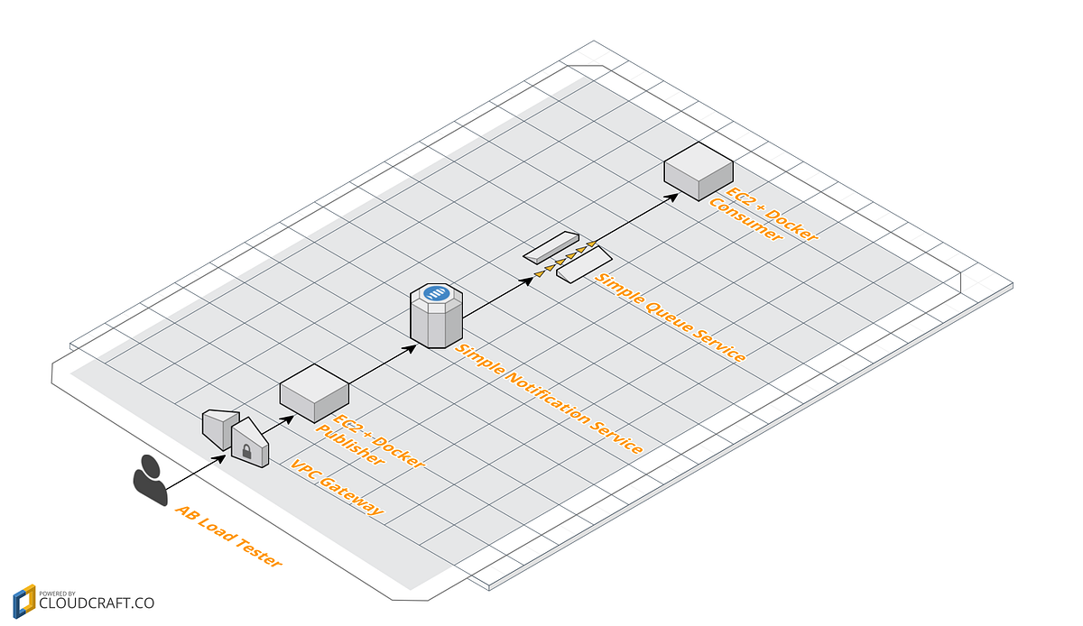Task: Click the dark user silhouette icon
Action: (x=151, y=479)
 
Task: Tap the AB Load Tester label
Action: (x=227, y=536)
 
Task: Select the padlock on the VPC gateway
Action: (x=247, y=448)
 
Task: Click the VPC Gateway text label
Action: (x=337, y=488)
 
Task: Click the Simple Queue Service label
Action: (x=670, y=317)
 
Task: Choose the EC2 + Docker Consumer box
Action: (x=698, y=169)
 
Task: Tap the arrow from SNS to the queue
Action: (x=497, y=299)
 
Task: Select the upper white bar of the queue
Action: (x=551, y=244)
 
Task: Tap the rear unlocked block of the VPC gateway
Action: (x=218, y=427)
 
